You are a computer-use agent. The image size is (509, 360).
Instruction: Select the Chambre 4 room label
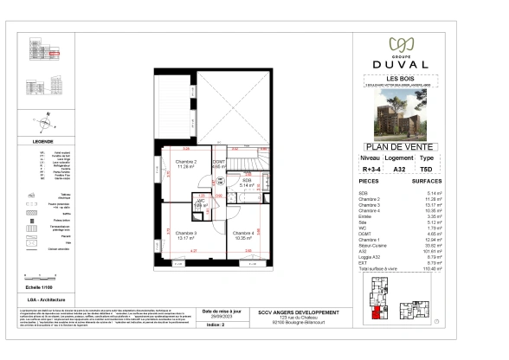pyautogui.click(x=242, y=234)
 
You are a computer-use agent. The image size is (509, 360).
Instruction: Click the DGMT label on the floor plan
pyautogui.click(x=219, y=162)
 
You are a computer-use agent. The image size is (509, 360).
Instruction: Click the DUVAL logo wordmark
pyautogui.click(x=400, y=63)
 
